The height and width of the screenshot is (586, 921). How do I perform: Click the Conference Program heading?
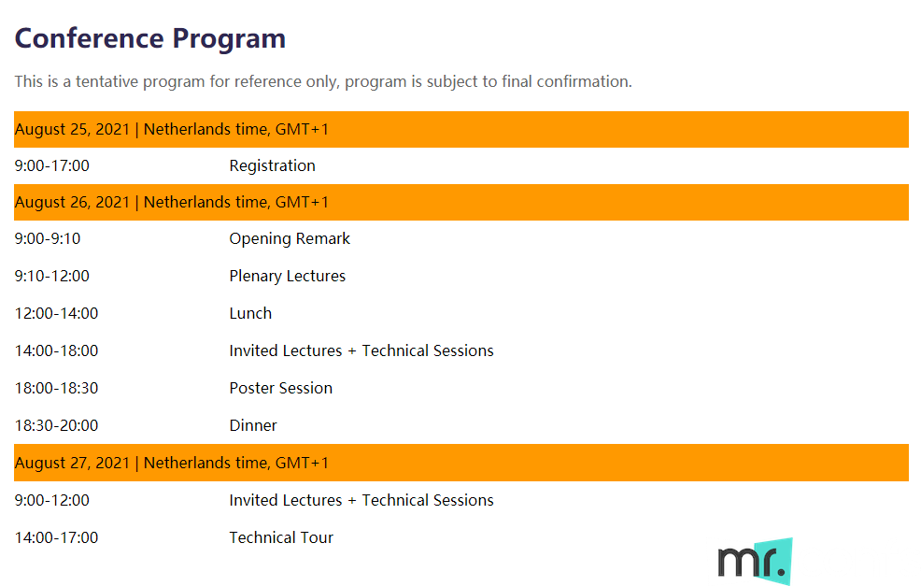pos(149,39)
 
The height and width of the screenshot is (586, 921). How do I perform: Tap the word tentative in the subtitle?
pos(106,81)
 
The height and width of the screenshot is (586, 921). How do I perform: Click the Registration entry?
pos(272,166)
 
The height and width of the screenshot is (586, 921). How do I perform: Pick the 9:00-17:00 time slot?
pos(51,165)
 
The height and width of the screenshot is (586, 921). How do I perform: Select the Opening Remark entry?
pos(290,238)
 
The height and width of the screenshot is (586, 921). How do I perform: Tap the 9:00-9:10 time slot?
pos(48,238)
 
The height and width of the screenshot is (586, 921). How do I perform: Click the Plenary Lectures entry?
pos(287,277)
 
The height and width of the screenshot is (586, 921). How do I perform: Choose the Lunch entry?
pos(250,313)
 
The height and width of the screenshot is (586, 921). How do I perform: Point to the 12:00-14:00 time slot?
pos(56,313)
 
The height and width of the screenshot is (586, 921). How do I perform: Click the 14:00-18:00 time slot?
pos(56,350)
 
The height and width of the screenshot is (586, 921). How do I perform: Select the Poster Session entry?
pos(281,388)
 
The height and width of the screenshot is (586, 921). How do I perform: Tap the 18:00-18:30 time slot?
pos(56,388)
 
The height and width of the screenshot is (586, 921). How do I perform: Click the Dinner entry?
pos(252,425)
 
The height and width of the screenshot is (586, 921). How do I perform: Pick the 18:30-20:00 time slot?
pos(56,425)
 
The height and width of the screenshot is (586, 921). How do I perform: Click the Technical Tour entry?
pos(281,537)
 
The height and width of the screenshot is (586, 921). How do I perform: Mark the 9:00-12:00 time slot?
pos(51,500)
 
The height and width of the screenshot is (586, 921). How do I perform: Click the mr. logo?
pos(756,562)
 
